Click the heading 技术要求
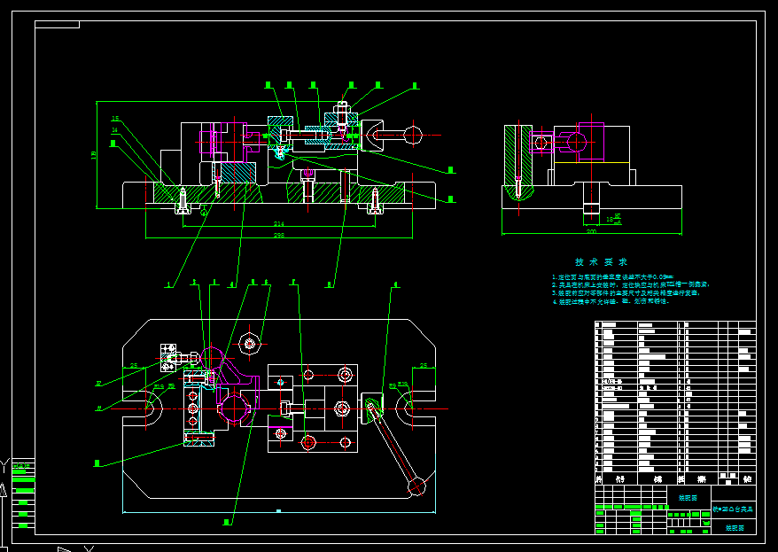[x=602, y=262]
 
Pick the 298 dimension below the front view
[x=278, y=236]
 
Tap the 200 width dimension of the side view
[x=592, y=231]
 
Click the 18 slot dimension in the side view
[x=610, y=217]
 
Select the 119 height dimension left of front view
[x=95, y=156]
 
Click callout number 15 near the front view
[x=115, y=119]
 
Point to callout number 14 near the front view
[x=115, y=130]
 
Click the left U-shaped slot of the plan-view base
[x=149, y=408]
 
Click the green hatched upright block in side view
[x=518, y=155]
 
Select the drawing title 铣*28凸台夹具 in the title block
[x=734, y=510]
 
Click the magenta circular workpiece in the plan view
[x=235, y=408]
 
